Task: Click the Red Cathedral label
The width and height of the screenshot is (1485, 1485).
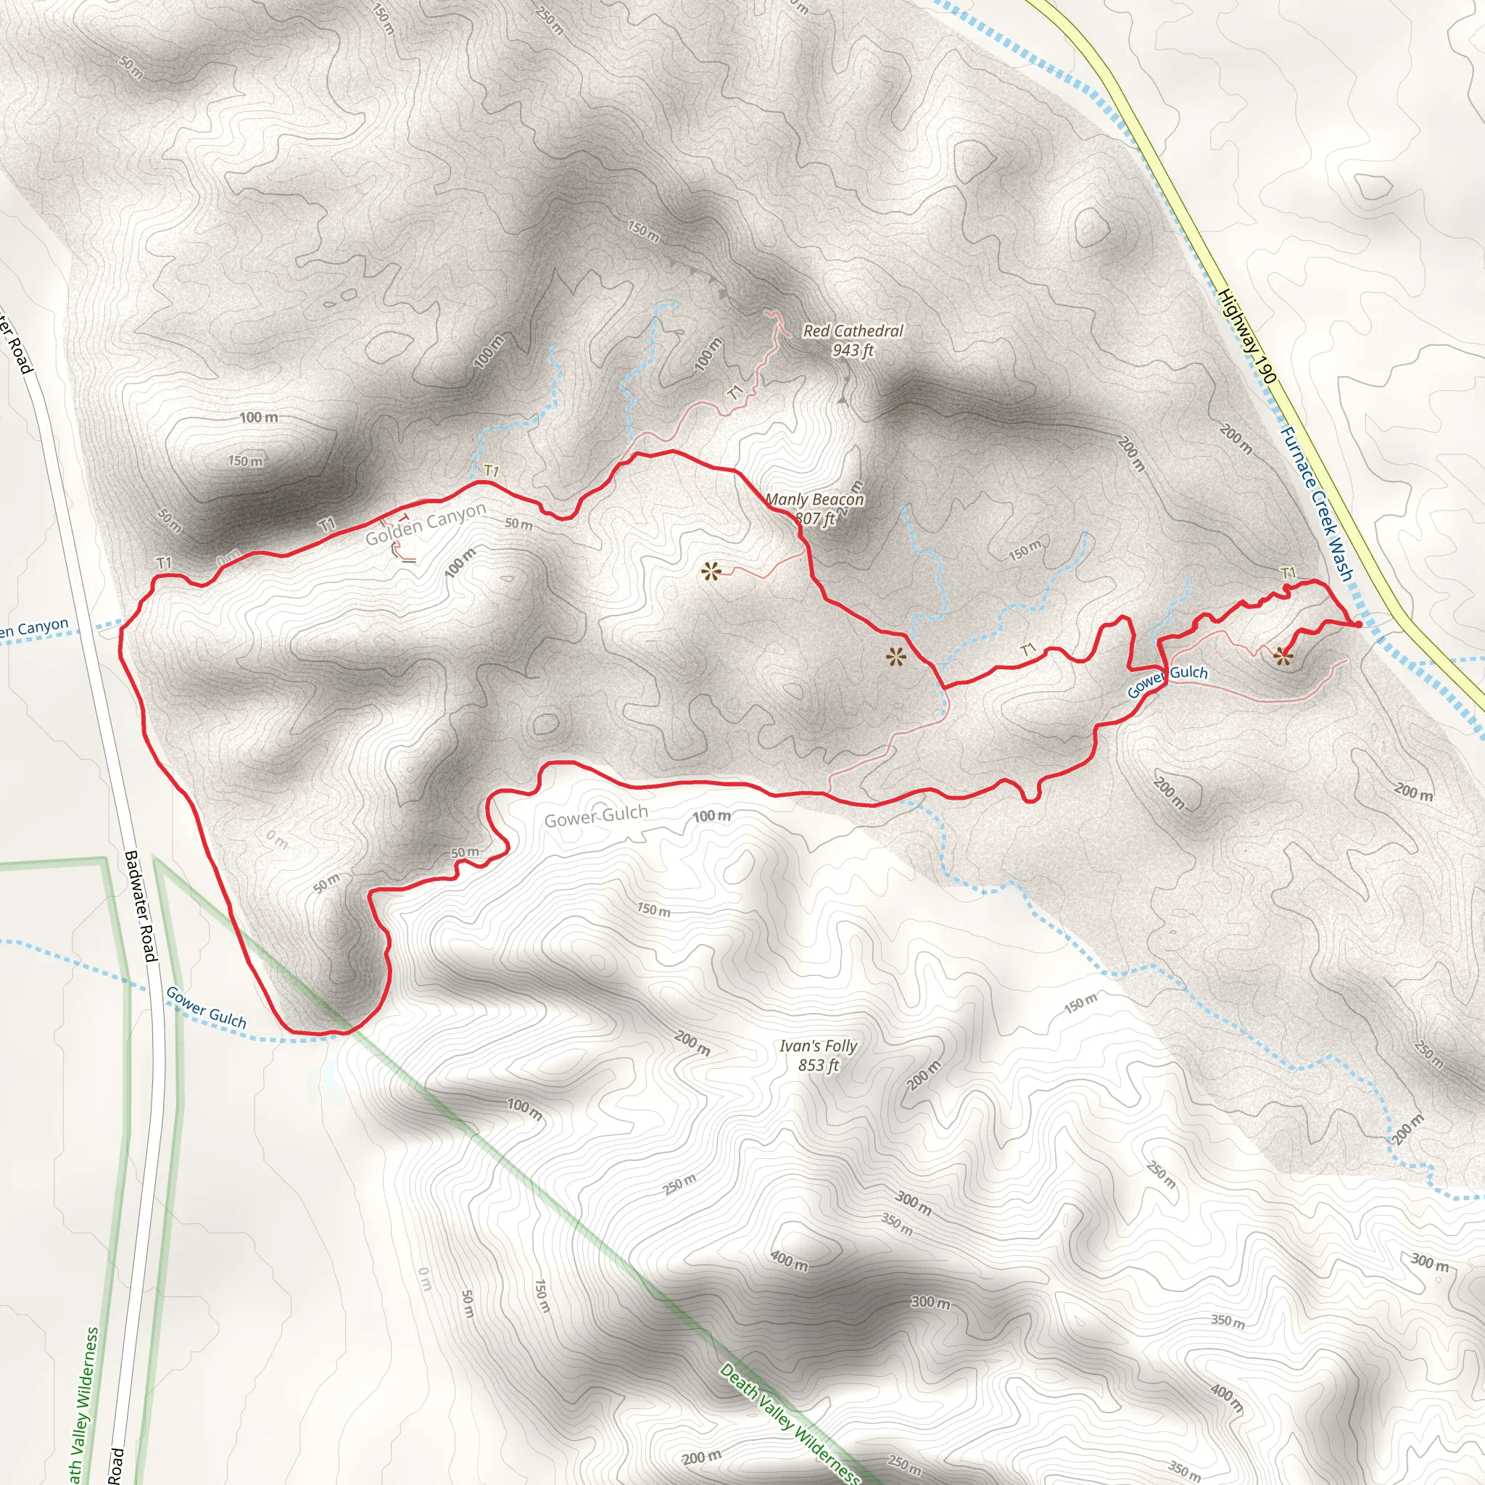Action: point(853,331)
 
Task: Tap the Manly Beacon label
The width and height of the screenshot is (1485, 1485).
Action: point(815,500)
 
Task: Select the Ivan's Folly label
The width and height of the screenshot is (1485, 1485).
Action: point(818,1046)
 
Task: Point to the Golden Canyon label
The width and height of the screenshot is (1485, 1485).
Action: point(425,524)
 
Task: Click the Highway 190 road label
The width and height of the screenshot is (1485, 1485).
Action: point(1246,336)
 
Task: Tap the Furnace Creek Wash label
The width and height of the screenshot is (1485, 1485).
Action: point(1315,503)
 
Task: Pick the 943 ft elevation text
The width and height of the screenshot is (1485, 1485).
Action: point(853,350)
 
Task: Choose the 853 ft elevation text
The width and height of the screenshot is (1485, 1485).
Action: point(818,1065)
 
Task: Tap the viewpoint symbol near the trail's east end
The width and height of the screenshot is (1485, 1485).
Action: point(1282,655)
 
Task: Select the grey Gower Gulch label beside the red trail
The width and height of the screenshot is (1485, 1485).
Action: point(596,815)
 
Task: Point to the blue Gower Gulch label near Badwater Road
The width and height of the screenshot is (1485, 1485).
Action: point(206,1008)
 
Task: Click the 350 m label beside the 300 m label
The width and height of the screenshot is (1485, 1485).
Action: point(896,1225)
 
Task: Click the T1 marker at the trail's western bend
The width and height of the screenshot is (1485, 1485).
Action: point(165,563)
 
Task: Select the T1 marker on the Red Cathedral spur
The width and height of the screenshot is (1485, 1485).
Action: point(735,393)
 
